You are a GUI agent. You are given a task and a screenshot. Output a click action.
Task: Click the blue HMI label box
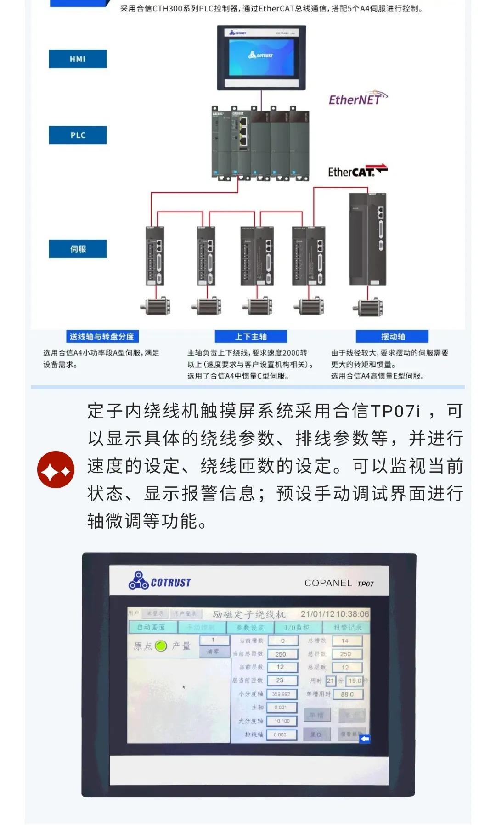click(78, 59)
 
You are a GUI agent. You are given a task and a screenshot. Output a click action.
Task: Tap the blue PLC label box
click(78, 135)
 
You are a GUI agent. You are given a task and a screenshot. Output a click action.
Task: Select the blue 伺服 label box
click(78, 249)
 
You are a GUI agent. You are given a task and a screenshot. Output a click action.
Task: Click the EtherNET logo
click(358, 99)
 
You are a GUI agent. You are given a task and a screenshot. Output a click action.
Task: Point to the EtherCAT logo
click(357, 171)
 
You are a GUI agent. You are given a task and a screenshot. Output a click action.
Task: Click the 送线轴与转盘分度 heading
click(101, 336)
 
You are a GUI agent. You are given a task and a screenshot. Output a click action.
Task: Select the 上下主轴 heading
click(251, 336)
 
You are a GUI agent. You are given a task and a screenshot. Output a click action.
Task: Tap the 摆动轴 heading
click(393, 336)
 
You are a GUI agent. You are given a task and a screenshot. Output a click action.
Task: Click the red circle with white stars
click(56, 469)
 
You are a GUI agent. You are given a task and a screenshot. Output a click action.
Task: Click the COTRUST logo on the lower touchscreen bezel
click(159, 581)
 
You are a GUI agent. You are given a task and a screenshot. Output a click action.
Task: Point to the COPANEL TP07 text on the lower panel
click(339, 583)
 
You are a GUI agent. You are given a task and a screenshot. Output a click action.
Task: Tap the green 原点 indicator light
click(161, 646)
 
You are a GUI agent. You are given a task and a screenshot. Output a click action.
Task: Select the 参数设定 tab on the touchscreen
click(250, 627)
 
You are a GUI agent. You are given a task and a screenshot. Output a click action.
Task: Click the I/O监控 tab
click(297, 627)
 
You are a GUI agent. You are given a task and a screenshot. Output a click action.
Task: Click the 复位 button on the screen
click(316, 735)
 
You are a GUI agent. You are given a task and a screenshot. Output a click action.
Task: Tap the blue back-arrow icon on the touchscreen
click(365, 739)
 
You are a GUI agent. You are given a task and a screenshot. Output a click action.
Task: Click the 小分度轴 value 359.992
click(281, 694)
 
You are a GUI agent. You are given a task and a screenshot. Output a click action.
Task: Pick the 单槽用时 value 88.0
click(347, 694)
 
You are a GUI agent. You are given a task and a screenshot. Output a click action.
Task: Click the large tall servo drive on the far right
click(367, 239)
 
